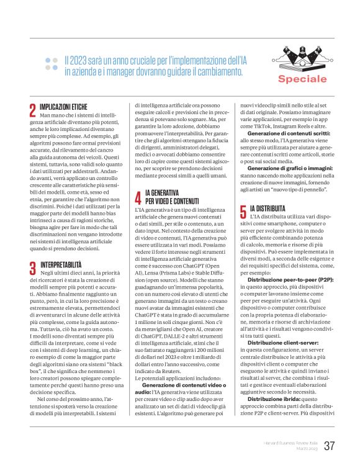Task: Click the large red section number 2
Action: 32,110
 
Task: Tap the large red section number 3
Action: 32,268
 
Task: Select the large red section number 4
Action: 138,198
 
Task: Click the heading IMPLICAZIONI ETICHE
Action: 66,107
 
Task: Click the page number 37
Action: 330,446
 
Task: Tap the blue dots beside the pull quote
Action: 52,64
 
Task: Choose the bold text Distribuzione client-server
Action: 277,341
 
